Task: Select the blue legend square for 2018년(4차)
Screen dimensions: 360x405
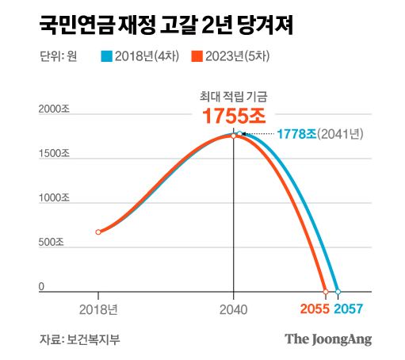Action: (x=107, y=56)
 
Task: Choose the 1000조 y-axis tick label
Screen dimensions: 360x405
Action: (x=56, y=199)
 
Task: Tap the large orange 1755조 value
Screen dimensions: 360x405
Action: (x=233, y=116)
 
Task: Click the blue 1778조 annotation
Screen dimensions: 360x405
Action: (x=293, y=134)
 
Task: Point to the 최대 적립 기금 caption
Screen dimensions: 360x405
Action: (x=233, y=96)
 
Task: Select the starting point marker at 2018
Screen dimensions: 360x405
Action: (x=98, y=232)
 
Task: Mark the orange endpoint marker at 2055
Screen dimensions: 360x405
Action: (x=325, y=291)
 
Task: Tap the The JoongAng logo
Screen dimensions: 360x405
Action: (x=328, y=339)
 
